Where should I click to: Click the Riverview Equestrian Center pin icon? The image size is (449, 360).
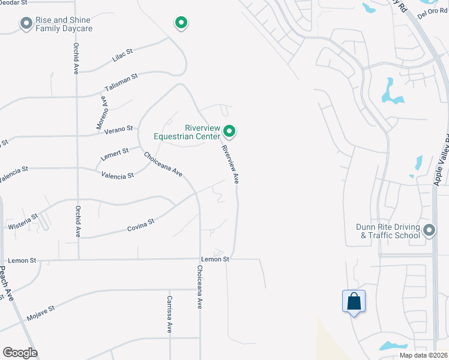(x=229, y=130)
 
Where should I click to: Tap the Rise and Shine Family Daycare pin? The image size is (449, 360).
(x=26, y=23)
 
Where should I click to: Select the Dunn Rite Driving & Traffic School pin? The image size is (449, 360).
(x=429, y=230)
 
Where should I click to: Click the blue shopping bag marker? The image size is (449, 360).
(x=354, y=301)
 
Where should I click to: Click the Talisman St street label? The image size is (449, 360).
(x=121, y=82)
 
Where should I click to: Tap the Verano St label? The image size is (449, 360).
(x=118, y=129)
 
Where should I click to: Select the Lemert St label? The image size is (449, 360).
(x=115, y=153)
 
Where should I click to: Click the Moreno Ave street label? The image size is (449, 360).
(x=102, y=114)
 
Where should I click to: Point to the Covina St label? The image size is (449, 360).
(x=141, y=225)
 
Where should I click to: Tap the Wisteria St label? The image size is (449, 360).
(x=23, y=221)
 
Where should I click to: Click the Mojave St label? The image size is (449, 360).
(x=40, y=312)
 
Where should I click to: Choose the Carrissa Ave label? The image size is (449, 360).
(x=170, y=314)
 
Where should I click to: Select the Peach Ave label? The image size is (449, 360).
(x=5, y=284)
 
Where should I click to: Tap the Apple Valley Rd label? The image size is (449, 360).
(x=441, y=159)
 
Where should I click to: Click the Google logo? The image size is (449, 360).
(x=20, y=353)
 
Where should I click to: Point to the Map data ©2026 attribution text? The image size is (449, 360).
(x=424, y=355)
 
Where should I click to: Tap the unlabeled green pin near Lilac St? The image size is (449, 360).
(x=181, y=23)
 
